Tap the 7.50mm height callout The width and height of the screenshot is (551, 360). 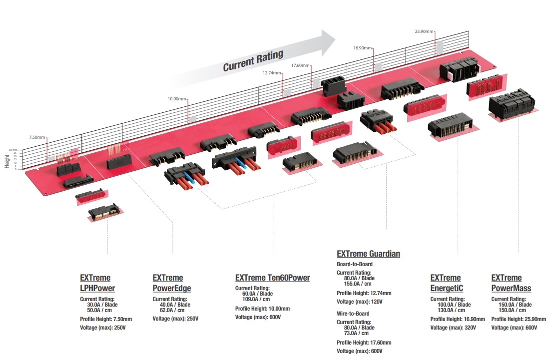pyautogui.click(x=37, y=137)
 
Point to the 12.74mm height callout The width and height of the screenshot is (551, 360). pyautogui.click(x=272, y=72)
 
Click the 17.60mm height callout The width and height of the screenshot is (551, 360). pyautogui.click(x=300, y=65)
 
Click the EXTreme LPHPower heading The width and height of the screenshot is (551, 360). pyautogui.click(x=97, y=283)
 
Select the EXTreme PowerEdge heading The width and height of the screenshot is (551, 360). pyautogui.click(x=171, y=283)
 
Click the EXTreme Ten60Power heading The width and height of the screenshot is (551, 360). pyautogui.click(x=272, y=278)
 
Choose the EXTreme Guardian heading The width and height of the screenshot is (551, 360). pyautogui.click(x=368, y=254)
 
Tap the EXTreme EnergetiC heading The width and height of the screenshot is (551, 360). pyautogui.click(x=447, y=283)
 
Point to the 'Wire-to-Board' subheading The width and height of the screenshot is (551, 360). pyautogui.click(x=353, y=314)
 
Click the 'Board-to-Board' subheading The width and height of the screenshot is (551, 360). pyautogui.click(x=354, y=264)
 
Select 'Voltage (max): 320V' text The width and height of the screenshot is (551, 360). pyautogui.click(x=453, y=328)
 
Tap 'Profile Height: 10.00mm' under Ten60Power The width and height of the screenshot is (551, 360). pyautogui.click(x=262, y=309)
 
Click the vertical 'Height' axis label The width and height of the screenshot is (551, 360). pyautogui.click(x=7, y=161)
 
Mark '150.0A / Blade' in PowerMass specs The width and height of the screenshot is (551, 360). pyautogui.click(x=515, y=305)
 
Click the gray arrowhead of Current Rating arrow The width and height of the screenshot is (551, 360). pyautogui.click(x=327, y=42)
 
